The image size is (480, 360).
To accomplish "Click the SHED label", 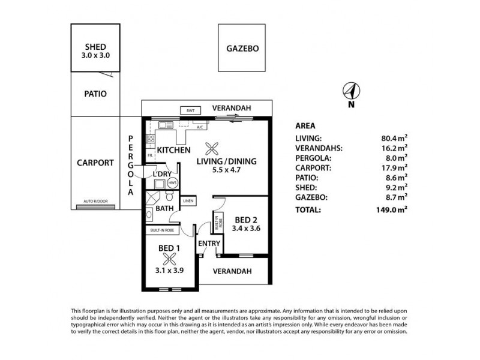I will pos(95,47).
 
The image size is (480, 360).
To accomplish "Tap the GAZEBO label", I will pos(242,49).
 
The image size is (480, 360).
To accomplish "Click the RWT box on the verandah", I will pos(190,110).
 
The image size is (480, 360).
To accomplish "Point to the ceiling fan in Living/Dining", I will pos(211,148).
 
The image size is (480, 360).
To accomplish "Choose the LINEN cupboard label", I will pos(188,201).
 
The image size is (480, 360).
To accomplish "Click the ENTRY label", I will pos(210,243).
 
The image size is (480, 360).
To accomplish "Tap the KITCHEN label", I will pos(174,149).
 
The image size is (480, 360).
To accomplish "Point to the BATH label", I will pos(164,208).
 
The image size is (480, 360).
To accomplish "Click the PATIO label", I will pos(95,94).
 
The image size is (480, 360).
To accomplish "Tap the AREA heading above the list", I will pos(307,126).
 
